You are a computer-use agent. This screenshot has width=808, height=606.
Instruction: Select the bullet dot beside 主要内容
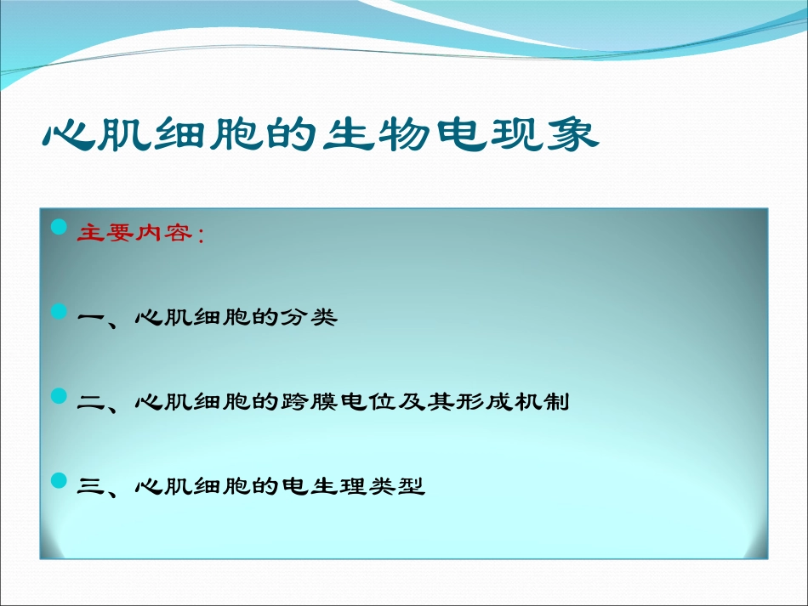point(59,228)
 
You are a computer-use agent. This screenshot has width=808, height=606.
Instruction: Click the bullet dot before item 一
point(59,312)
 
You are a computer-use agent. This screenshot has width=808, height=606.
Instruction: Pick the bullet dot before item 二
point(59,396)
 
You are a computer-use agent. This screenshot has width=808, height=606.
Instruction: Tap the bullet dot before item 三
point(59,481)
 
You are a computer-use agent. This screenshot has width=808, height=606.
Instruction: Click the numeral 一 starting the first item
point(89,319)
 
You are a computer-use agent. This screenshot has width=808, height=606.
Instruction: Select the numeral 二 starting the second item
point(89,403)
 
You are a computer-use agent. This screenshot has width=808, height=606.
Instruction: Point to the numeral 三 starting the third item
point(89,487)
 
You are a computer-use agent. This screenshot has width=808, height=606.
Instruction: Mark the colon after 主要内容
point(201,235)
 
